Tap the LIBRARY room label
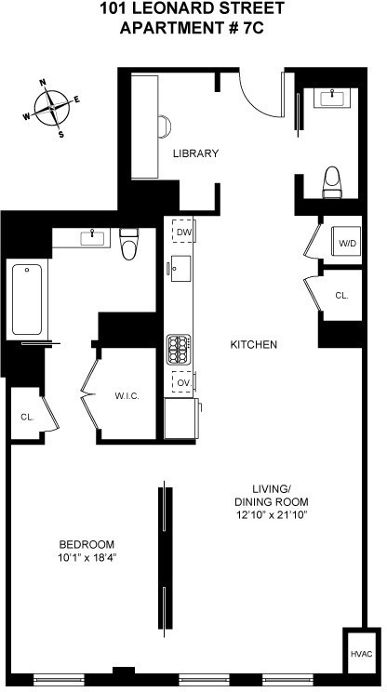194,153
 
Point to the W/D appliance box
347,244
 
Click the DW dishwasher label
183,232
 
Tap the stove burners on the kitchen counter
178,350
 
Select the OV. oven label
183,382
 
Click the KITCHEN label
254,345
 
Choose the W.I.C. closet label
127,395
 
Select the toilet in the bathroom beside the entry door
332,182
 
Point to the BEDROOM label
86,544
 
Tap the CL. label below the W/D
341,295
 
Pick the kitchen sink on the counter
179,270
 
